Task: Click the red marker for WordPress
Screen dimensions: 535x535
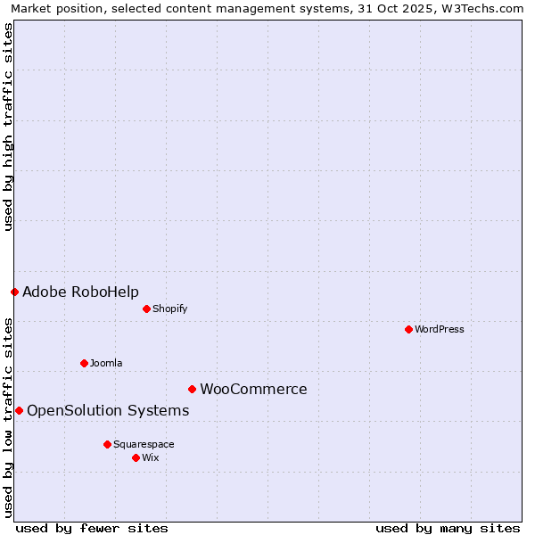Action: point(408,329)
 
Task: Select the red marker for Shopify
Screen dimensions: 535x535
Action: point(146,309)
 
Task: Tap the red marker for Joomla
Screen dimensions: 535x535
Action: point(84,363)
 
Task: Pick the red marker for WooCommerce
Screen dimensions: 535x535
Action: point(192,389)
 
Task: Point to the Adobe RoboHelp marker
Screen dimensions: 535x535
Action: point(14,292)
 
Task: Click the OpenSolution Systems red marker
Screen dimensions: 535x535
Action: point(19,410)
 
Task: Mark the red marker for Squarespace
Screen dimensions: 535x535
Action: point(107,444)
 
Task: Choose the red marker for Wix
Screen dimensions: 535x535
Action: point(136,457)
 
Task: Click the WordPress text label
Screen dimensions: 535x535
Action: point(440,329)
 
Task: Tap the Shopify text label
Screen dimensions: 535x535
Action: point(169,309)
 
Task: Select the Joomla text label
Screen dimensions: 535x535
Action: point(106,363)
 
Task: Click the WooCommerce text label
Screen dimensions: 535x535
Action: point(253,389)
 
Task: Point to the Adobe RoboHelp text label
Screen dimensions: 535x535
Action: point(80,292)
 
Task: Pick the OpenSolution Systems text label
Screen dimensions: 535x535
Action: point(108,410)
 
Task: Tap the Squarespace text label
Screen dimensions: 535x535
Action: point(144,444)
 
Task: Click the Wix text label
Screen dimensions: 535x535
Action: point(150,457)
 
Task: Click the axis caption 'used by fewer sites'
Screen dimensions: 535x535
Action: point(92,528)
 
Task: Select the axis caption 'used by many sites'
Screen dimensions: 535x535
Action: point(448,528)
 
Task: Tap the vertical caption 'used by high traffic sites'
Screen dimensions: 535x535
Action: point(8,127)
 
